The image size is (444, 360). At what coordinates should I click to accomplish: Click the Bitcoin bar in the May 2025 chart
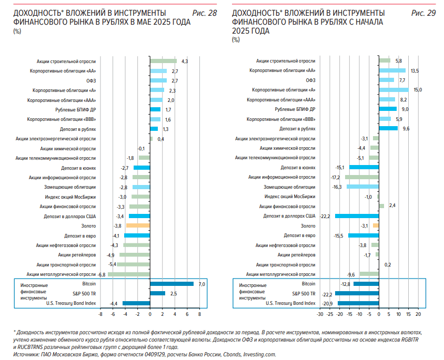pos(172,284)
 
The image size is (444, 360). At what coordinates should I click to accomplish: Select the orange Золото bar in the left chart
pos(138,225)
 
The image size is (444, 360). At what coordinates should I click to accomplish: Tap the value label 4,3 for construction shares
pos(185,61)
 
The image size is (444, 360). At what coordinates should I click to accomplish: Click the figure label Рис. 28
pos(205,13)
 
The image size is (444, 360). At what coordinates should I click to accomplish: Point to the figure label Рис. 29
pos(423,13)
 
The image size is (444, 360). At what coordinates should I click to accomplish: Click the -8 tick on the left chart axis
pos(100,314)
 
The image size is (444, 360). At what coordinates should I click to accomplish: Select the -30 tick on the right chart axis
pos(320,314)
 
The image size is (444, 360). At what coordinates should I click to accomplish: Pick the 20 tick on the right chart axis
pos(418,314)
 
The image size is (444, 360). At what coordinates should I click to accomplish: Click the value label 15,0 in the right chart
pos(418,90)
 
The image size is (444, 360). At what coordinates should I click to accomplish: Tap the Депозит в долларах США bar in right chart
pos(357,216)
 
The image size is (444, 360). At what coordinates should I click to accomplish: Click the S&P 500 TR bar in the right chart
pos(357,294)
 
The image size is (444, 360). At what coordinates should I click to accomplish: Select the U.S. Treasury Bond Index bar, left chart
pos(136,303)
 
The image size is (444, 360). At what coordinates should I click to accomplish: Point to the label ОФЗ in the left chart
pos(91,81)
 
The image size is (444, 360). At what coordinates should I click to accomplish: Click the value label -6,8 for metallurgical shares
pos(102,274)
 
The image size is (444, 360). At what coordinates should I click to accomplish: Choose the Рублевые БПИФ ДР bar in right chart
pos(388,109)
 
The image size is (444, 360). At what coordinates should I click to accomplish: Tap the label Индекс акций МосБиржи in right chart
pos(290,197)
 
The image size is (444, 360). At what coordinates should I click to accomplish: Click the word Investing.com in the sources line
pos(259,354)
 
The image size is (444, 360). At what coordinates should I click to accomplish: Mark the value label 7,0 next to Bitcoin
pos(201,284)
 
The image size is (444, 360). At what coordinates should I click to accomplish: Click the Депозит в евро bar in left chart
pos(137,235)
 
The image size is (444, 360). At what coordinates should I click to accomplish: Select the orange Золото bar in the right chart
pos(376,225)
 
